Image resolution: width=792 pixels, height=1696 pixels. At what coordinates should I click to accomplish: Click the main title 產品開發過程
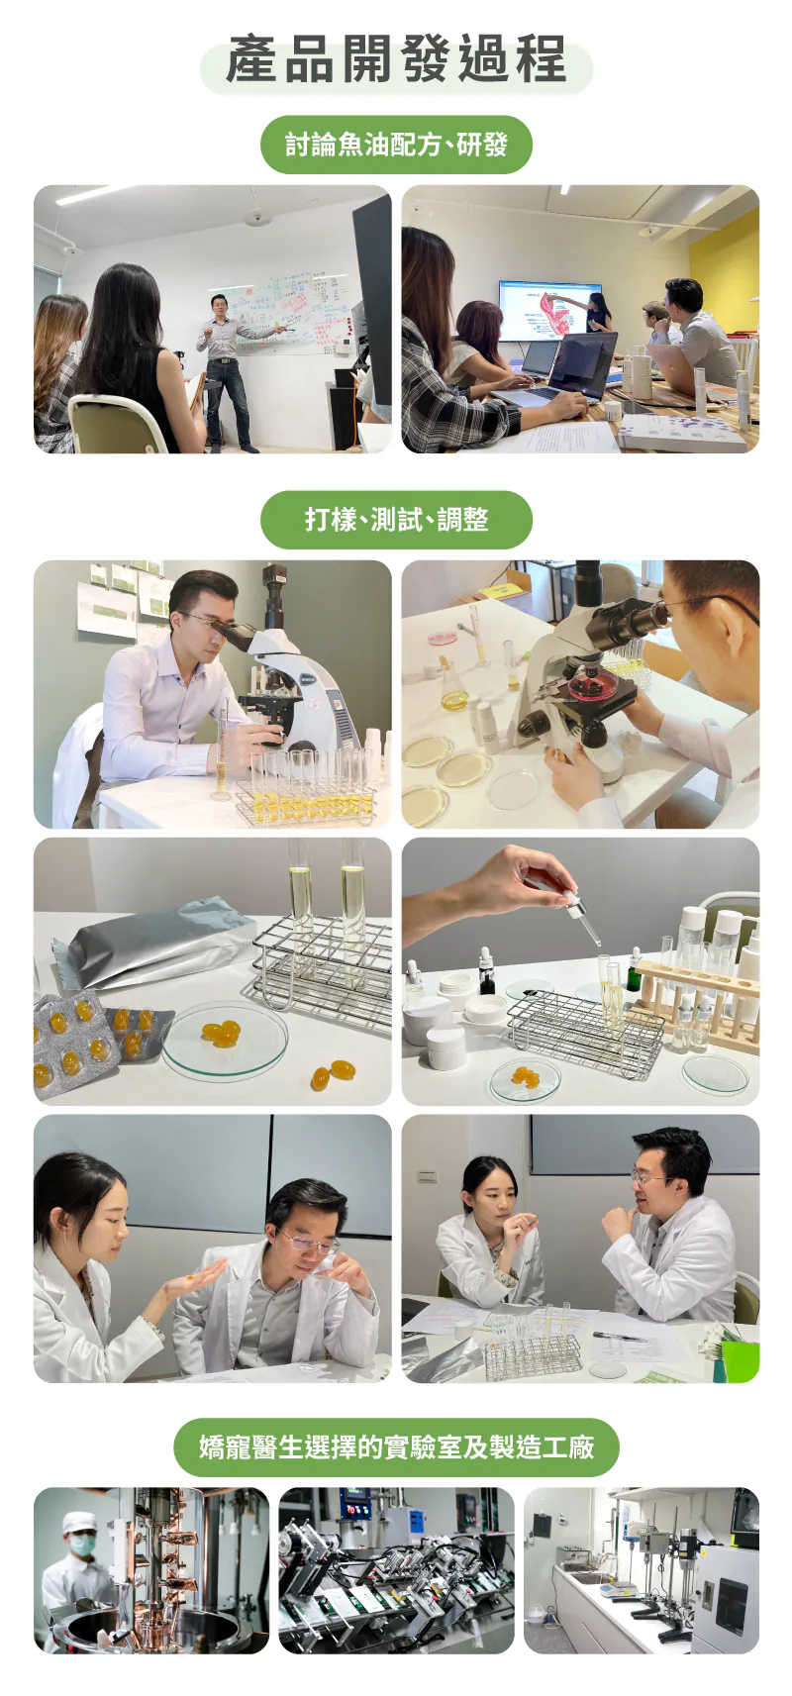tap(395, 59)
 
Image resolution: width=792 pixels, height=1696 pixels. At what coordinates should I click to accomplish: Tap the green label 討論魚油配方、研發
tap(396, 144)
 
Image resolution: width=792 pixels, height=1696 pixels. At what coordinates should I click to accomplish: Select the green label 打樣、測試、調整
tap(396, 520)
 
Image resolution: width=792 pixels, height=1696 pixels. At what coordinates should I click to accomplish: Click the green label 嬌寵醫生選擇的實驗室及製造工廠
tap(396, 1447)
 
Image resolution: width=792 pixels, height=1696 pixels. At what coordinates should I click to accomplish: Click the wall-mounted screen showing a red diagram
tap(550, 310)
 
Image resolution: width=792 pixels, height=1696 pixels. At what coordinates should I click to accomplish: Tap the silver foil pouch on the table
tap(155, 944)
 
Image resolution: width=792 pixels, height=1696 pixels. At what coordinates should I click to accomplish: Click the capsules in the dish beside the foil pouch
tap(221, 1032)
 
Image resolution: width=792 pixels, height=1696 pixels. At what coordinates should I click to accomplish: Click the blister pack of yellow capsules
tap(75, 1041)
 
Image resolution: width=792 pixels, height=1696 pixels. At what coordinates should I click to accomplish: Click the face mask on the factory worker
tap(82, 1544)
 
